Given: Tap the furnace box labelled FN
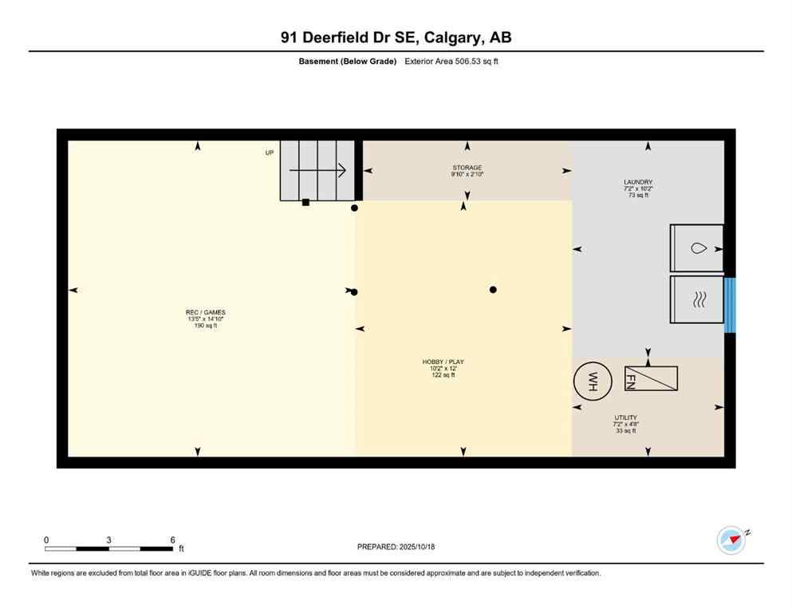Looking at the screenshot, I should [x=651, y=378].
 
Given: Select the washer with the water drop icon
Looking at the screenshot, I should [x=697, y=248].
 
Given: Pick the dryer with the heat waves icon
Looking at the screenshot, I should [x=697, y=300].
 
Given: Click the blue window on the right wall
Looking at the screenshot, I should [x=729, y=305].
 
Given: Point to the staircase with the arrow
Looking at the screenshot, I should [x=317, y=170].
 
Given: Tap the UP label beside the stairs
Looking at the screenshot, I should [x=270, y=152].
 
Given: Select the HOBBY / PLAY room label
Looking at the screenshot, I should [x=443, y=362].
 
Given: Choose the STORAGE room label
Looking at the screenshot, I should [x=467, y=168].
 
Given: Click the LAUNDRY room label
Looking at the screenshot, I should [x=638, y=182].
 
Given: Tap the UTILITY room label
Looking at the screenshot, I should [x=625, y=417].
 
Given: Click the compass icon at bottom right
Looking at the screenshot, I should [x=731, y=540].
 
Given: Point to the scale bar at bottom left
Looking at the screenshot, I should [x=109, y=548].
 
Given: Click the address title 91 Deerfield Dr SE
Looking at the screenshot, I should [x=396, y=38].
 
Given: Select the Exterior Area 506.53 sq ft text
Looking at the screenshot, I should [x=451, y=61].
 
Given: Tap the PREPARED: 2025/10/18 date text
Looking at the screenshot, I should [x=396, y=547].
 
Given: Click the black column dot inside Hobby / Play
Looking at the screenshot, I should [x=493, y=290].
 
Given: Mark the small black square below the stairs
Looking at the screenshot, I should [x=305, y=203].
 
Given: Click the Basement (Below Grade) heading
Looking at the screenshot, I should [x=347, y=61].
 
